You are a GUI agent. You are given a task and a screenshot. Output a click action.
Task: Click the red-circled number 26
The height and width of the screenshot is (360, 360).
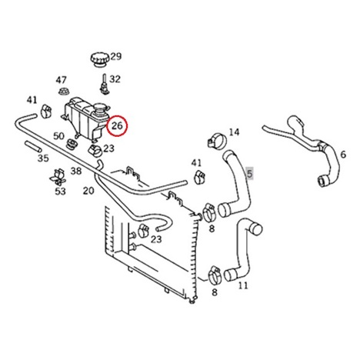click(x=117, y=125)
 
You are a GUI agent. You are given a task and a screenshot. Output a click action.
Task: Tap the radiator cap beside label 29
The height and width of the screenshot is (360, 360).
click(x=100, y=60)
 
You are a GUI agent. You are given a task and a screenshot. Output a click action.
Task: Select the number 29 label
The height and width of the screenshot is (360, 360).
click(x=116, y=56)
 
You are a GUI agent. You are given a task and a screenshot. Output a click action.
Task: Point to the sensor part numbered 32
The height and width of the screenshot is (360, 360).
click(x=104, y=84)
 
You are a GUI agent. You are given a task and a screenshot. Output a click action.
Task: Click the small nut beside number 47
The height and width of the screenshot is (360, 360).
click(x=63, y=92)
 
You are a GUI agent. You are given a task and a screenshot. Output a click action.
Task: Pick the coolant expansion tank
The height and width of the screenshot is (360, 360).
click(x=85, y=118)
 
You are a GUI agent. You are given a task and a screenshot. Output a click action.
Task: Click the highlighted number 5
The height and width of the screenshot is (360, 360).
click(x=249, y=174)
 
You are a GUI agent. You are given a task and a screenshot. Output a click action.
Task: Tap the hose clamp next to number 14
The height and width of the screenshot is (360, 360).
click(x=217, y=141)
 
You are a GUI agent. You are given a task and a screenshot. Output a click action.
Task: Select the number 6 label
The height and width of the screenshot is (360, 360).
click(x=343, y=155)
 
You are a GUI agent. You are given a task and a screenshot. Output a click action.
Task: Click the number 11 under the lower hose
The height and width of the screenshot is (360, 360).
click(x=243, y=285)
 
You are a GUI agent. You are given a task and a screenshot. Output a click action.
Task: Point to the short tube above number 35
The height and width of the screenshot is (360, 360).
click(x=32, y=146)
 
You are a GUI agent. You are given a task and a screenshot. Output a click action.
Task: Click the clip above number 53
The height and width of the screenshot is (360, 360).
click(x=58, y=177)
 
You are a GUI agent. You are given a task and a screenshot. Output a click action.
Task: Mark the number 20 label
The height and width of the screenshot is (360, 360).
click(x=88, y=191)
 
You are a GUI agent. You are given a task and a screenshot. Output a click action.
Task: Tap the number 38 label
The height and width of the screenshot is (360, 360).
click(x=76, y=171)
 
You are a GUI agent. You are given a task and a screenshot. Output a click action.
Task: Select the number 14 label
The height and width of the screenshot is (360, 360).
click(x=234, y=132)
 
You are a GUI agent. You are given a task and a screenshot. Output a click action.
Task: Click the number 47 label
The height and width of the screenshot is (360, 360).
click(x=61, y=80)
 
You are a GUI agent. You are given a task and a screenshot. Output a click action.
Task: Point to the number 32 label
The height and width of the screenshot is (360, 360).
click(x=115, y=79)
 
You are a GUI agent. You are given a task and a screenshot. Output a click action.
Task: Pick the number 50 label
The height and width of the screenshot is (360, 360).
click(x=58, y=136)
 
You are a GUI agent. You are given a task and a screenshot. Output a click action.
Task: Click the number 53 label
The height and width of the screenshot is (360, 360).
click(x=60, y=192)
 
